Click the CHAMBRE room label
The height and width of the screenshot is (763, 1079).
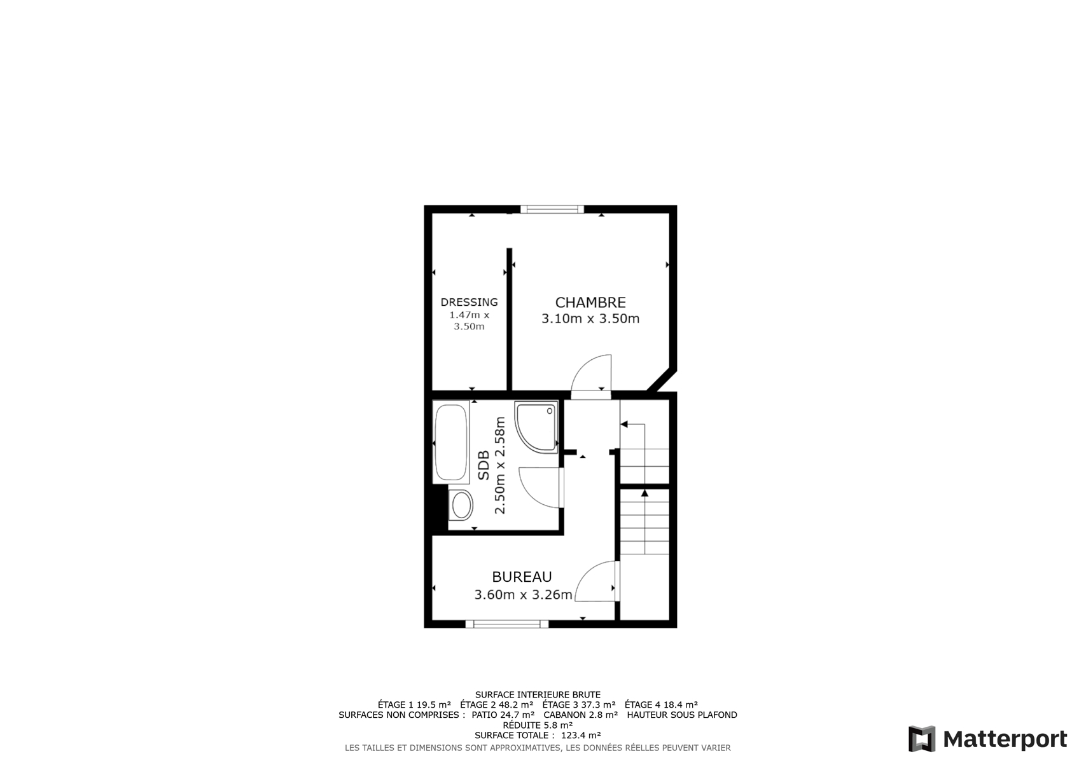[590, 302]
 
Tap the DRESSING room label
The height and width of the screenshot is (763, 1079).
[469, 302]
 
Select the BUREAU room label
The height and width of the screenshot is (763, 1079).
[522, 577]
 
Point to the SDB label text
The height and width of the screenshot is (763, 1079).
[484, 465]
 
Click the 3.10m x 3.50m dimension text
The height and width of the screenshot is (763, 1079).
[590, 319]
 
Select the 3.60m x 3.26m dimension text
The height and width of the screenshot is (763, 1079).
[523, 595]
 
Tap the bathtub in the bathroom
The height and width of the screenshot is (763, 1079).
[451, 442]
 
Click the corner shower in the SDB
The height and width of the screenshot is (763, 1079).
[536, 427]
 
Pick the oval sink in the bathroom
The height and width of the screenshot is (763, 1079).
[461, 505]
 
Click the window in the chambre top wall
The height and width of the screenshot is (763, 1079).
[552, 209]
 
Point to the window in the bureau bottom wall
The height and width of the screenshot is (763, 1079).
[507, 624]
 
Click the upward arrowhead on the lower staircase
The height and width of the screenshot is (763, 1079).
[644, 493]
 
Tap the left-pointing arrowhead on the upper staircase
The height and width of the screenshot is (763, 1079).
[623, 424]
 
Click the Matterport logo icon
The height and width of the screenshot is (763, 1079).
[922, 738]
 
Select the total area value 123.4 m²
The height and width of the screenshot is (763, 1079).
[581, 735]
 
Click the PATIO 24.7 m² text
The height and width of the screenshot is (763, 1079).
[503, 715]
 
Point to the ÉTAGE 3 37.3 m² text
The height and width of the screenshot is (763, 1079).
[579, 705]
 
